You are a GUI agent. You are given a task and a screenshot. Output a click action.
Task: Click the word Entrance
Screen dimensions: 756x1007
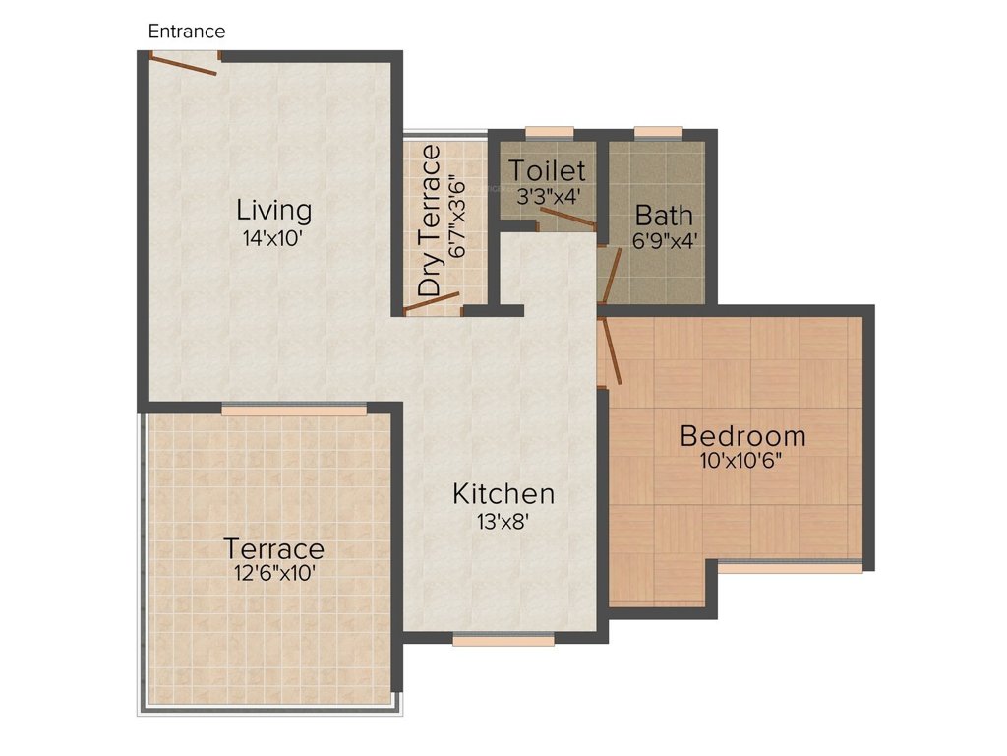(x=187, y=31)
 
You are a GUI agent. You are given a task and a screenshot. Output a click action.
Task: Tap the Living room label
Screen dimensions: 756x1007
(x=274, y=210)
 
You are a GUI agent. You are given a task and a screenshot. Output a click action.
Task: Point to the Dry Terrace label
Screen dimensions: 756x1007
(x=430, y=220)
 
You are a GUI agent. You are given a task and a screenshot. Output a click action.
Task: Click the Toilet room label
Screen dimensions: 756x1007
(x=547, y=171)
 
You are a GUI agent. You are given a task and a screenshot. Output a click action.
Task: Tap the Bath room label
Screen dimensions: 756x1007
(x=664, y=216)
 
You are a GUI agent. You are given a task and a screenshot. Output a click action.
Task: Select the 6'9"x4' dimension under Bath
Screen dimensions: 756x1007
(x=664, y=240)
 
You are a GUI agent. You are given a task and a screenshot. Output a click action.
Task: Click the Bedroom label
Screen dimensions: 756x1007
(x=742, y=435)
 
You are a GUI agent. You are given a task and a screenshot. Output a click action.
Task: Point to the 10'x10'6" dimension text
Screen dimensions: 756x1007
(x=741, y=461)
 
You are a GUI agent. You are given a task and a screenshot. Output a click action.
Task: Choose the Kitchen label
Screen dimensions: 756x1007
(x=503, y=493)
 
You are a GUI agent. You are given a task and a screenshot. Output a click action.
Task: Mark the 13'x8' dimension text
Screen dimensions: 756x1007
(x=503, y=522)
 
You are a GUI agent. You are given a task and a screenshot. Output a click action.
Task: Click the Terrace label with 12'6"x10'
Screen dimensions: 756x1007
(x=273, y=548)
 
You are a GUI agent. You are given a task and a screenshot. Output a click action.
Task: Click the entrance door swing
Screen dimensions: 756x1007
(x=185, y=64)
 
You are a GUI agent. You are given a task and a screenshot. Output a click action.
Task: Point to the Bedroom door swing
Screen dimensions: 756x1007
(x=611, y=350)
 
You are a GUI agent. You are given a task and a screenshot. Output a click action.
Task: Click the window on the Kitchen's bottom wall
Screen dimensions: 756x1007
(x=503, y=640)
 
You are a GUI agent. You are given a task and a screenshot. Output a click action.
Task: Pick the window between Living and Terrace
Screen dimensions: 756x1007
(x=294, y=409)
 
